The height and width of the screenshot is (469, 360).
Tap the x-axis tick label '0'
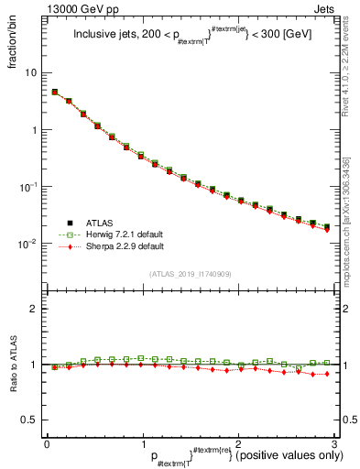(46, 443)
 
